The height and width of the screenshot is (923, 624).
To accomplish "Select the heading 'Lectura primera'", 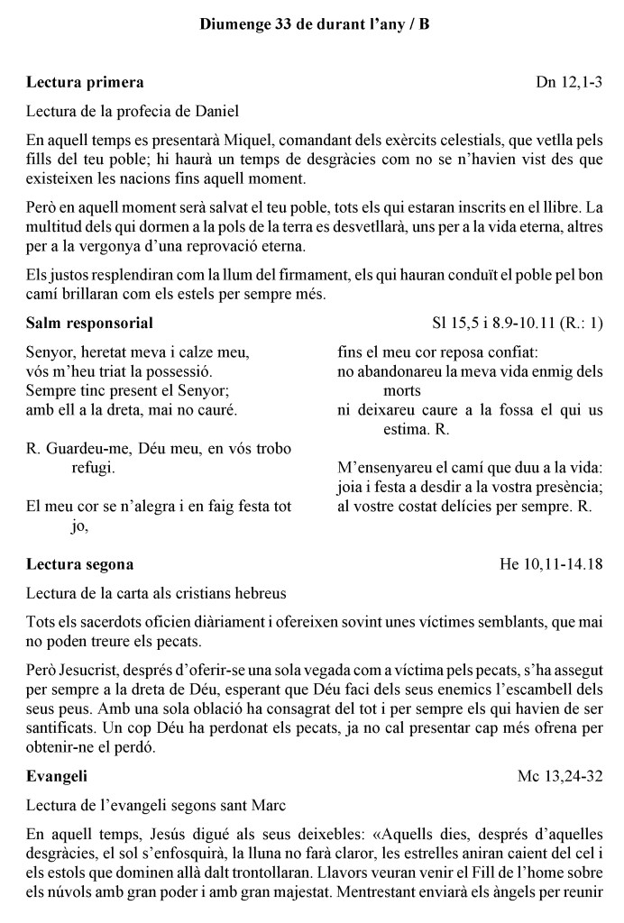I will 85,83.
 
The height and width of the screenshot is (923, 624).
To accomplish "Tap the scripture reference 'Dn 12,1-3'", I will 570,83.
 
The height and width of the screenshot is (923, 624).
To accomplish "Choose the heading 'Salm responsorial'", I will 89,323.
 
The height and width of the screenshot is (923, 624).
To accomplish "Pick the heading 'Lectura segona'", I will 80,564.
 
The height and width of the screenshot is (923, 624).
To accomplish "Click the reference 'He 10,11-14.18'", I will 551,564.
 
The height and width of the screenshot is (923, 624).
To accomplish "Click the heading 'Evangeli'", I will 57,775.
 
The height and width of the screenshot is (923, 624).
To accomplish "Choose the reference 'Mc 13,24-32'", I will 561,775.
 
